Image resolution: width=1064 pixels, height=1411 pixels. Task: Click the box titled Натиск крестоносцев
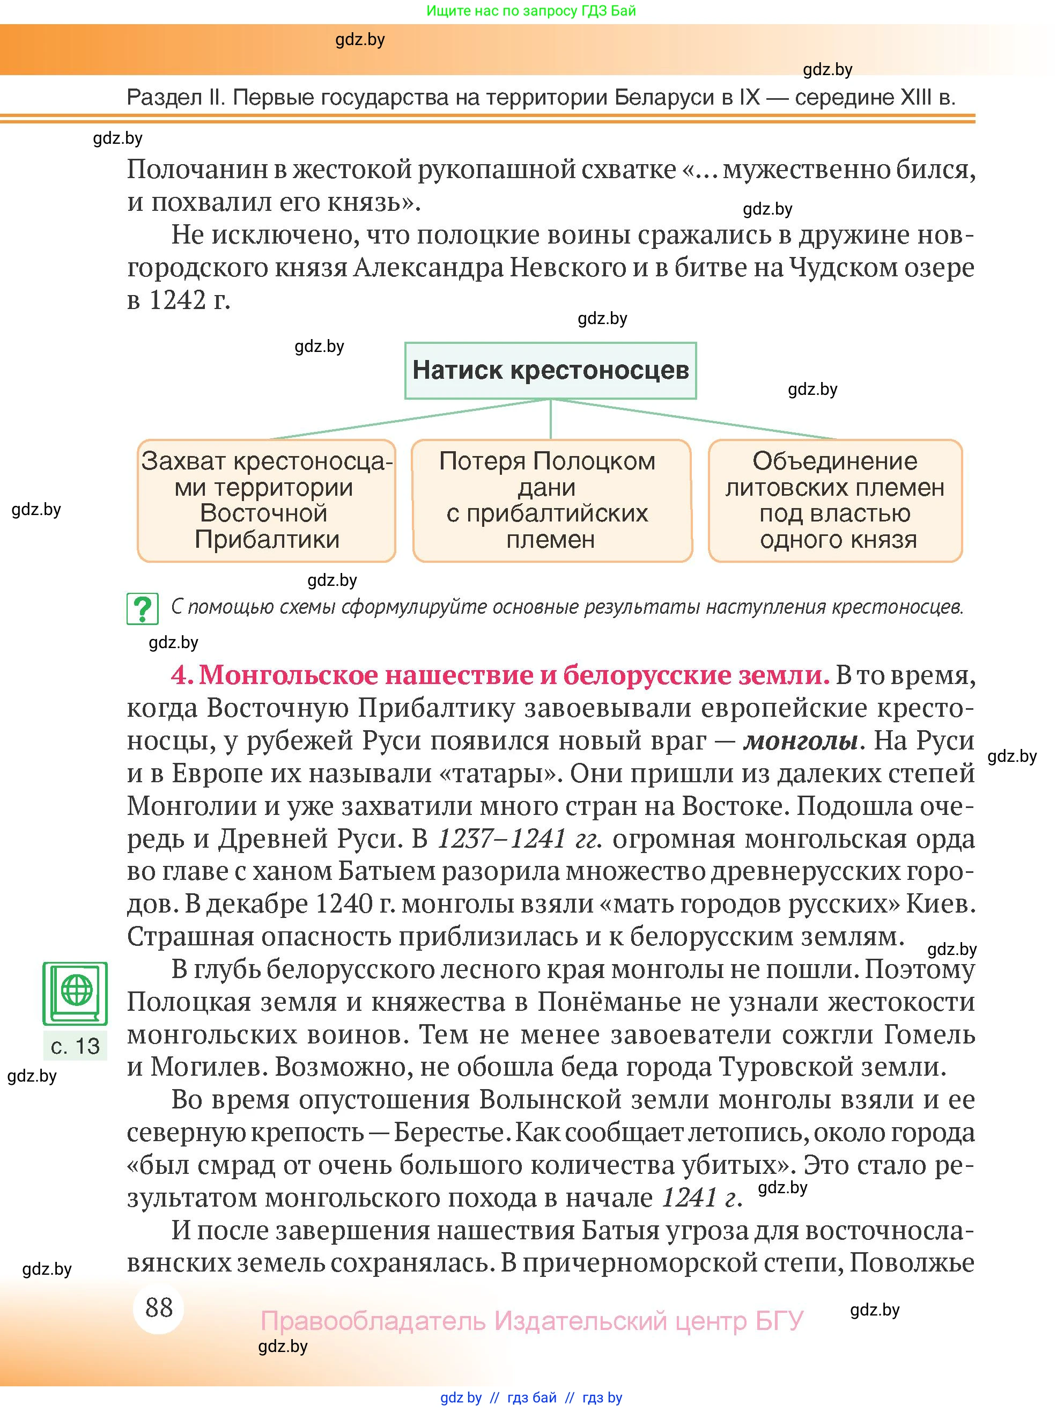coord(550,371)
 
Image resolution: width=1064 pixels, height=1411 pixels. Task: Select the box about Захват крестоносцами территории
coord(267,500)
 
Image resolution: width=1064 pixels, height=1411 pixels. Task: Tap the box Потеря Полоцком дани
coord(551,500)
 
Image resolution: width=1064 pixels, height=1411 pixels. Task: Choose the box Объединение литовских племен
coord(835,500)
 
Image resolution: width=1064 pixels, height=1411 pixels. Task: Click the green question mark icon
coord(142,608)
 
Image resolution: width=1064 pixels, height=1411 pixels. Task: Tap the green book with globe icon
coord(75,993)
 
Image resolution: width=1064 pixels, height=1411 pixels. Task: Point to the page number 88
coord(159,1307)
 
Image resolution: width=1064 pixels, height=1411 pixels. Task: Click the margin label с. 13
coord(75,1046)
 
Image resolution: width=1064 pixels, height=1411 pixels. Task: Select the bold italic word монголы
coord(801,740)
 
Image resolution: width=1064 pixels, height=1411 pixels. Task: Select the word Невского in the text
coord(568,267)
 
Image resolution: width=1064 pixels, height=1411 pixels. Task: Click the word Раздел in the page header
coord(162,98)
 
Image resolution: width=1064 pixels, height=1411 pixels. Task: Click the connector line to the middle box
coord(550,419)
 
